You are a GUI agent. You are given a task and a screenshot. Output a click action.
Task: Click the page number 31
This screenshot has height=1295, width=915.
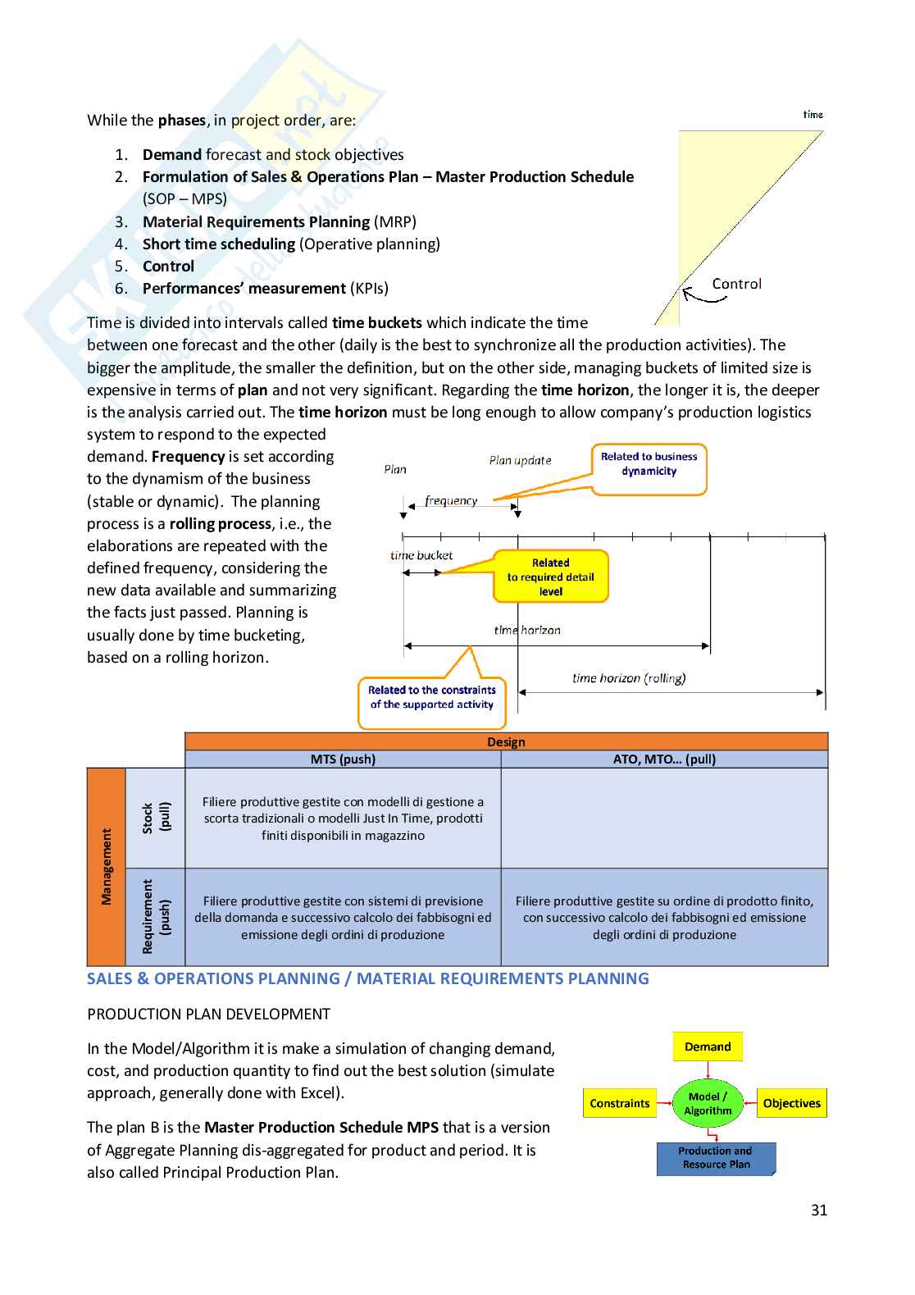coord(818,1210)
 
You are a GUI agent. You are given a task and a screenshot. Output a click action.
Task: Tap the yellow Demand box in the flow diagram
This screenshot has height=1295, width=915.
coord(708,1046)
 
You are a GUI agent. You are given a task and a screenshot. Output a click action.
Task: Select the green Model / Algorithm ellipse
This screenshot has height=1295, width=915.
coord(708,1103)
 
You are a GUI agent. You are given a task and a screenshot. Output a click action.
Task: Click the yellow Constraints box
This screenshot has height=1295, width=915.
coord(619,1103)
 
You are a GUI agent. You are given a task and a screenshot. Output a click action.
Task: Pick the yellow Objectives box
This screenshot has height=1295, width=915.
coord(791,1103)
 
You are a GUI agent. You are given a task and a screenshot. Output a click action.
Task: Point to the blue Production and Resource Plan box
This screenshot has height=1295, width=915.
coord(716,1158)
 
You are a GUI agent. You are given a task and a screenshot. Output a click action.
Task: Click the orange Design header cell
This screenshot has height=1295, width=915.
coord(506,741)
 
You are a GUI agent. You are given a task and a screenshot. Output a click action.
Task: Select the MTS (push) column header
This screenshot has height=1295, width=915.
coord(343,759)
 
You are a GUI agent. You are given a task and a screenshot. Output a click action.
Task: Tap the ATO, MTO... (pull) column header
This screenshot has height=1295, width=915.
coord(664,759)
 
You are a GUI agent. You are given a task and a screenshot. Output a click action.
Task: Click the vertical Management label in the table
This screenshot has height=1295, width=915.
coord(106,867)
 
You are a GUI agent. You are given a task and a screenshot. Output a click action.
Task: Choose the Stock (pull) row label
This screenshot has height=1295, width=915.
coord(156,818)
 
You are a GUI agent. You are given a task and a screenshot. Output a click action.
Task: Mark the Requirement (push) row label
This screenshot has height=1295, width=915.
coord(156,917)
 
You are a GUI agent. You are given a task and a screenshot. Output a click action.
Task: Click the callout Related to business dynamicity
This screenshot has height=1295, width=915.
coord(649,464)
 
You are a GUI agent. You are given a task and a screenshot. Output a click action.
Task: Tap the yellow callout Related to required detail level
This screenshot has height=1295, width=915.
coord(550,577)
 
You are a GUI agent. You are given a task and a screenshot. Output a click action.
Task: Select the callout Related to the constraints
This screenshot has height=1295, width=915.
coord(432,697)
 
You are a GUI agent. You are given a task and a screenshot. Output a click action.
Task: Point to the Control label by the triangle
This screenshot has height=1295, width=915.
coord(736,284)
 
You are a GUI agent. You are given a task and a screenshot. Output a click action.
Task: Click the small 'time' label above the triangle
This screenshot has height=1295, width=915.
coord(813,115)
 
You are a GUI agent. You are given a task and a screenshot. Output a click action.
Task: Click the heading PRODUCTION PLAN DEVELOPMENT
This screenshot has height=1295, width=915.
coord(208,1015)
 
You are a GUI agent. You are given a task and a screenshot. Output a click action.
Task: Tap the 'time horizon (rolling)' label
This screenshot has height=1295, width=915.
coord(629,678)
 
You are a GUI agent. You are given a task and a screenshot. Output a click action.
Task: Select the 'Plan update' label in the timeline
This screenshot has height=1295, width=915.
coord(520,461)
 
